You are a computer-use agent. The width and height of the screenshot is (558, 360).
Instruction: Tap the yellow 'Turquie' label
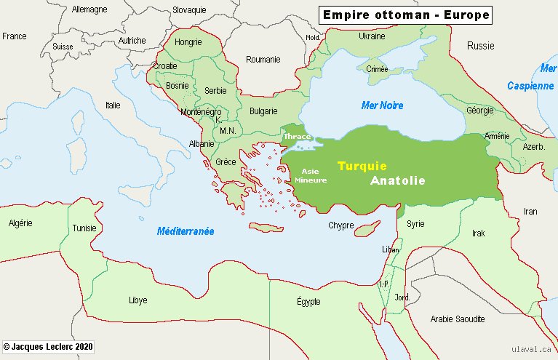pyautogui.click(x=362, y=166)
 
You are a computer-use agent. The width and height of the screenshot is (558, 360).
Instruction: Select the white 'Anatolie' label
pyautogui.click(x=397, y=180)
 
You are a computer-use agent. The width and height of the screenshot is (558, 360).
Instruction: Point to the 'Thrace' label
pyautogui.click(x=297, y=136)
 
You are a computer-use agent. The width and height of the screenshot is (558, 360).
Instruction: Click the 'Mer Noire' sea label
pyautogui.click(x=382, y=105)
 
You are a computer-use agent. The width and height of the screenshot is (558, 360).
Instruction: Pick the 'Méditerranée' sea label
pyautogui.click(x=186, y=231)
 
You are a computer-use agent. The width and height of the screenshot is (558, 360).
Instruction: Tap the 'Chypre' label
pyautogui.click(x=340, y=225)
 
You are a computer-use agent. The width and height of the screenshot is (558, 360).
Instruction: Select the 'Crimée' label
pyautogui.click(x=378, y=69)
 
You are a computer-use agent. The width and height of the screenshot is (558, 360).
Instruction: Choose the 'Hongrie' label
pyautogui.click(x=188, y=42)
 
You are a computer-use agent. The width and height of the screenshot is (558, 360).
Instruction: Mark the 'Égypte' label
pyautogui.click(x=308, y=301)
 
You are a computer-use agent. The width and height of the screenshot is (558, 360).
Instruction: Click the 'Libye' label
pyautogui.click(x=137, y=300)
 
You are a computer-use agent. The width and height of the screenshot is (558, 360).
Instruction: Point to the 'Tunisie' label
pyautogui.click(x=84, y=228)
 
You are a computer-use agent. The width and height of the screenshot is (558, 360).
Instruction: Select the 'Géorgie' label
pyautogui.click(x=479, y=111)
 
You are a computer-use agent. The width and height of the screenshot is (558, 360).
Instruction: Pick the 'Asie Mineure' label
pyautogui.click(x=310, y=175)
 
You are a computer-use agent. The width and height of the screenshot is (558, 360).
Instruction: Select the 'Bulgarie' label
pyautogui.click(x=263, y=111)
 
